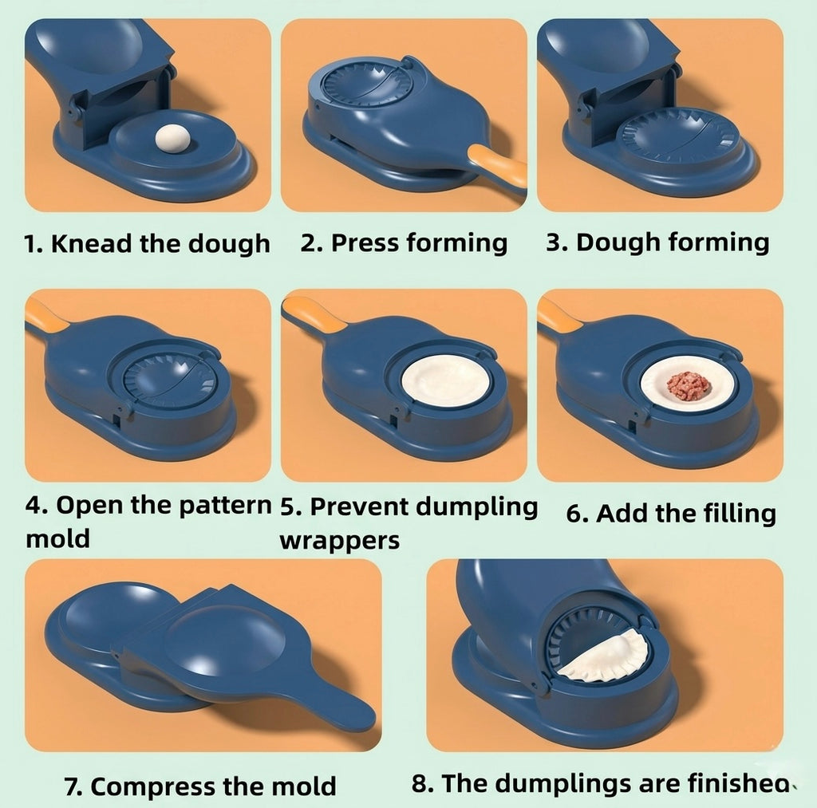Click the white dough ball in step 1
[172, 138]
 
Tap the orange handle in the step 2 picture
[499, 166]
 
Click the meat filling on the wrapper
[689, 385]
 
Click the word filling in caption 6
[732, 513]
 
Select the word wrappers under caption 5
[339, 540]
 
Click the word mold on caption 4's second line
[57, 538]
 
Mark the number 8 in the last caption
[420, 783]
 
